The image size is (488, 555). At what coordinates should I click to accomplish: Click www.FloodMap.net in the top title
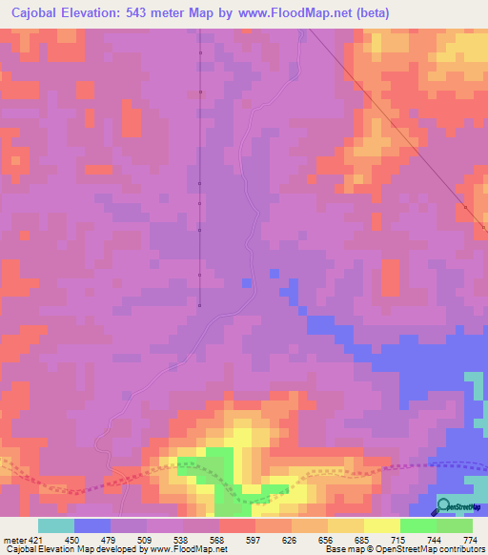(x=308, y=12)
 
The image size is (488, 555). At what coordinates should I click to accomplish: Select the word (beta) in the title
(x=395, y=12)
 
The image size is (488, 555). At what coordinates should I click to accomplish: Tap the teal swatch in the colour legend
(x=56, y=526)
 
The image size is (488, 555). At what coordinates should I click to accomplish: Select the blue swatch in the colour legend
(x=92, y=526)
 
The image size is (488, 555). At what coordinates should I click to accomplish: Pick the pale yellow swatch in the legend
(x=382, y=526)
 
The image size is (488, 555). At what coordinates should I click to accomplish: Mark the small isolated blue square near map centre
(x=247, y=283)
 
